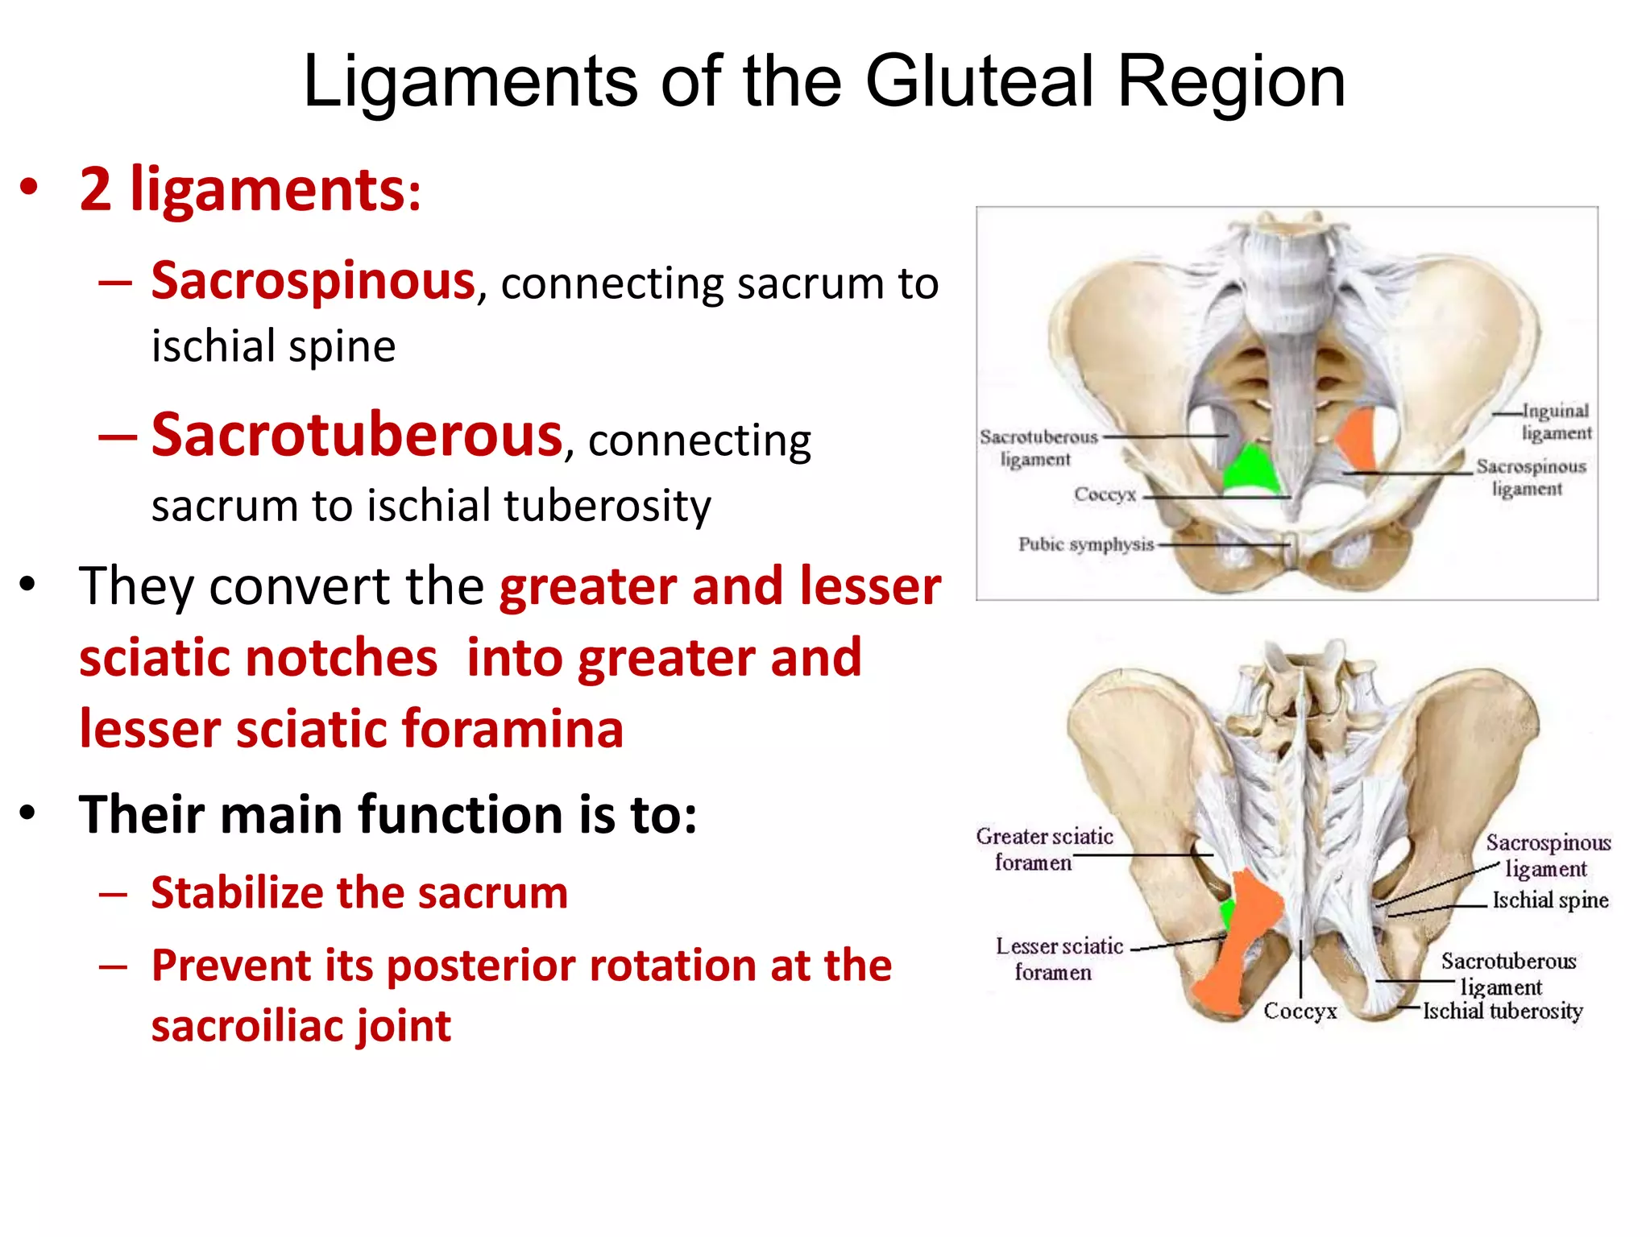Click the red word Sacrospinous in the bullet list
[313, 282]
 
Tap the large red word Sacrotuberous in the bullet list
[356, 436]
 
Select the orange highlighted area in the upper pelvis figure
[1358, 439]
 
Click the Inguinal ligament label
[1556, 422]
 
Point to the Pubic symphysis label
[1085, 544]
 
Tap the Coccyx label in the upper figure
[1105, 494]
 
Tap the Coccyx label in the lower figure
[1300, 1012]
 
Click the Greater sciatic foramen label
[1043, 849]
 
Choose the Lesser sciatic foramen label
[1058, 958]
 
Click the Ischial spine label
[1549, 900]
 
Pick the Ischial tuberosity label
[1503, 1012]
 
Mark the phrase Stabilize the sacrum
[359, 893]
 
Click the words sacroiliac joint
[301, 1026]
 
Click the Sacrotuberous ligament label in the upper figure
[1038, 448]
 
